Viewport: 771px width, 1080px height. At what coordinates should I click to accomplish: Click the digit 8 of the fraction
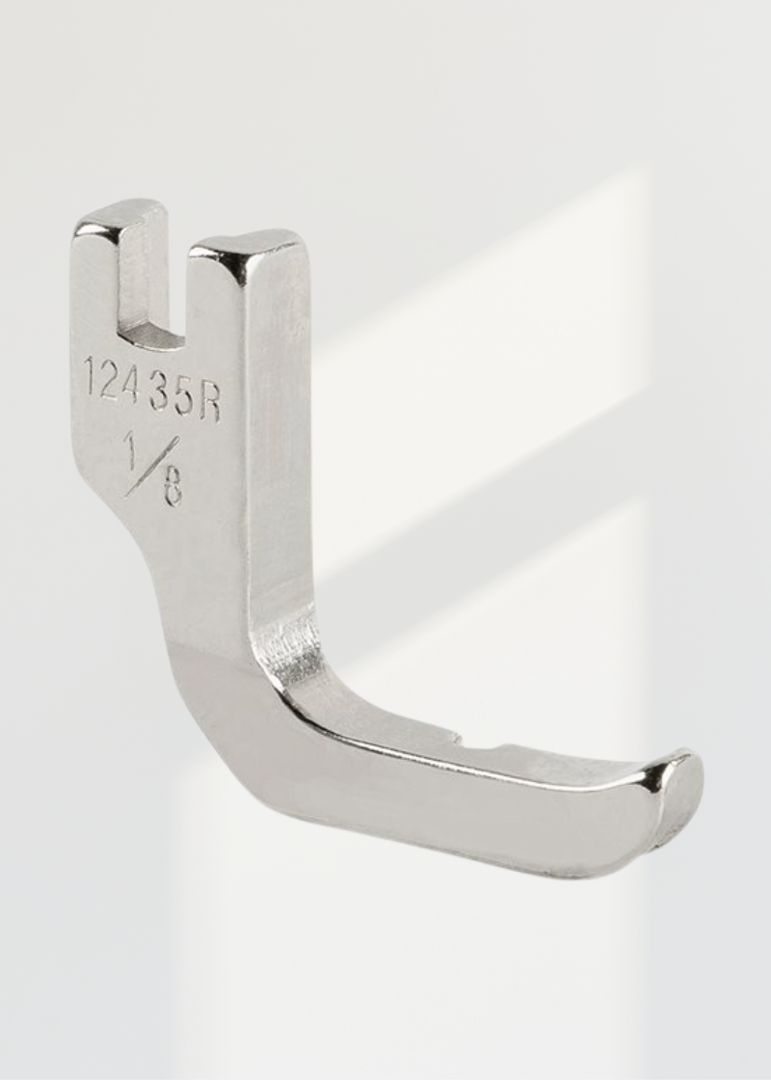(172, 490)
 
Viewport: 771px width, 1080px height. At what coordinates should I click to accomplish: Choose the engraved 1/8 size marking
(153, 469)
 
